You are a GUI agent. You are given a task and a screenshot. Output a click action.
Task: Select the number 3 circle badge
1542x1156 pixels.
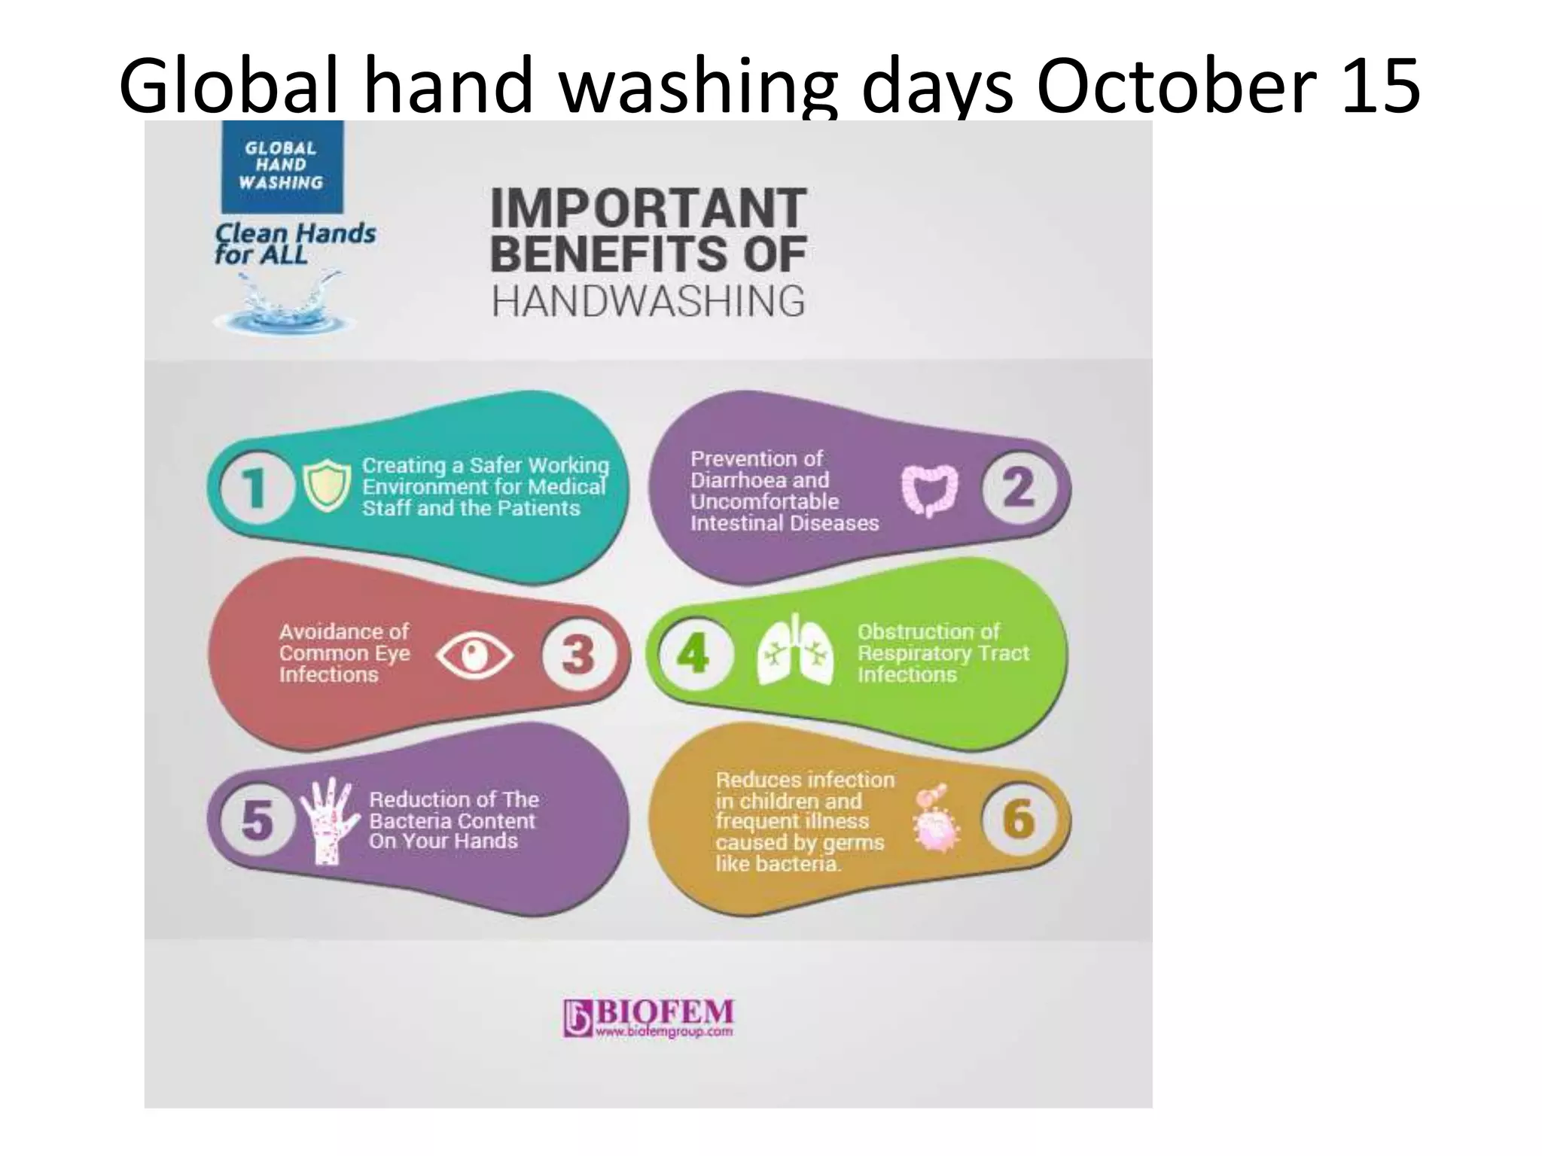tap(578, 653)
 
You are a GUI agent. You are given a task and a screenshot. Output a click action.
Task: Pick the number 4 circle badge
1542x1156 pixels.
tap(693, 653)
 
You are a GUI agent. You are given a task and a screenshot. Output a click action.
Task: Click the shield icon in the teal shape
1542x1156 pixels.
tap(328, 486)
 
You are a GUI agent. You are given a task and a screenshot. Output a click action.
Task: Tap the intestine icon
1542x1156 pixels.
tap(930, 490)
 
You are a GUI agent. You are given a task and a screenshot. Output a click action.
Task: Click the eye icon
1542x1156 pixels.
tap(474, 655)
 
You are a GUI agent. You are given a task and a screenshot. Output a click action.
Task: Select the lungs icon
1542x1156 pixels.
tap(795, 650)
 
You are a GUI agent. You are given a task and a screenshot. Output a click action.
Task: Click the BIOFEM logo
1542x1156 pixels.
tap(648, 1018)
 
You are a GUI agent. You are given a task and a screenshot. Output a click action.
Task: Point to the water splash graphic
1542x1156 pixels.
tap(285, 305)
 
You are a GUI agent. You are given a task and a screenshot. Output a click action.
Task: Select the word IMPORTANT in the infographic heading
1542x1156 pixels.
tap(648, 208)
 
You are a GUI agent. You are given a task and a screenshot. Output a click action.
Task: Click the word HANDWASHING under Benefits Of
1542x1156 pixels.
tap(648, 302)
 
